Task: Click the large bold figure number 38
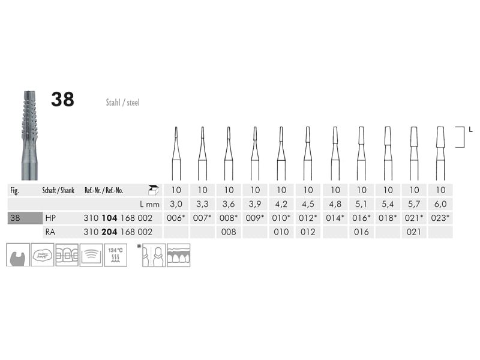pyautogui.click(x=62, y=99)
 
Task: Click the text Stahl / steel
pyautogui.click(x=122, y=102)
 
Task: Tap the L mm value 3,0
pyautogui.click(x=176, y=204)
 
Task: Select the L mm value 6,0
pyautogui.click(x=440, y=204)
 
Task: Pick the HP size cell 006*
pyautogui.click(x=176, y=218)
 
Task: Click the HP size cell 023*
pyautogui.click(x=440, y=218)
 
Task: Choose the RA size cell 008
pyautogui.click(x=229, y=232)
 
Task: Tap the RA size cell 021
pyautogui.click(x=413, y=232)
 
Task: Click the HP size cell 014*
pyautogui.click(x=335, y=218)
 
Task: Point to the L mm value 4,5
pyautogui.click(x=308, y=204)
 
